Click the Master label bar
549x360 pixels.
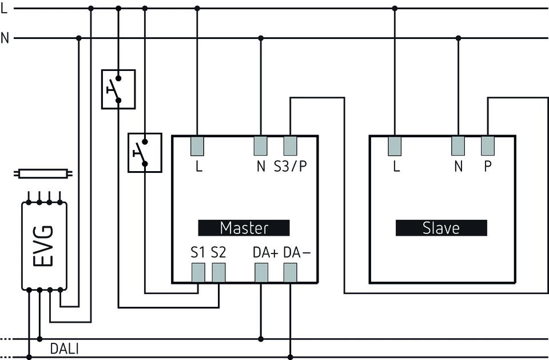point(244,228)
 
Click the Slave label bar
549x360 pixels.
point(441,228)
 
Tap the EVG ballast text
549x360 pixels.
point(44,246)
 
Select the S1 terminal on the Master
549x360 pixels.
point(198,274)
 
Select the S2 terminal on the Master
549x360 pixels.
point(218,274)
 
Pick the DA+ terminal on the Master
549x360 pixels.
point(261,274)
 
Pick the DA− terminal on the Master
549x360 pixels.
point(291,274)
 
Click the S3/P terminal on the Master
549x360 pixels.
point(291,146)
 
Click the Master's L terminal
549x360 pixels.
point(197,146)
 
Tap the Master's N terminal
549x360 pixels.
point(261,146)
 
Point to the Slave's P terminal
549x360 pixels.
point(488,146)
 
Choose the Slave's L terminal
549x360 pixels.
point(395,146)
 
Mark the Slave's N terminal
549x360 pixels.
point(458,146)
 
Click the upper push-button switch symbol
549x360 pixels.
point(118,89)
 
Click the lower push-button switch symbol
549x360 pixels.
point(145,152)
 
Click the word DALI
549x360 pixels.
point(64,348)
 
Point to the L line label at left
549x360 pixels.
point(5,9)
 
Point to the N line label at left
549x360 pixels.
point(5,38)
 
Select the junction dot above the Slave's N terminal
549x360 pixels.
point(458,38)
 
